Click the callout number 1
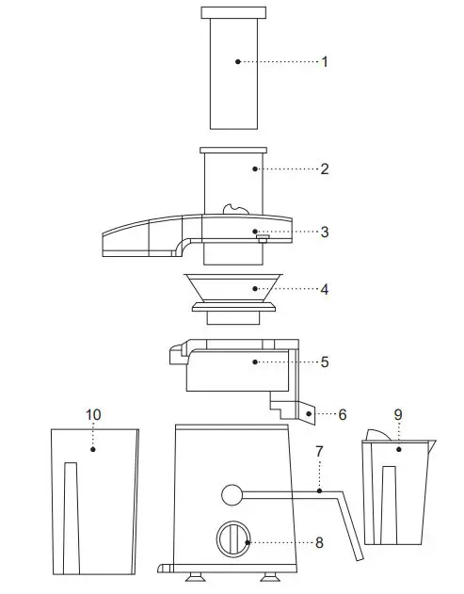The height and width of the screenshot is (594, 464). click(325, 62)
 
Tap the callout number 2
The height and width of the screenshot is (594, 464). click(325, 169)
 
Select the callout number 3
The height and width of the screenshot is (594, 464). click(325, 232)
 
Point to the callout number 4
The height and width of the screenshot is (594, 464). click(325, 290)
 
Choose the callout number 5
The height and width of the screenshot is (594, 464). click(325, 361)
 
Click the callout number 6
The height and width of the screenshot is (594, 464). click(343, 414)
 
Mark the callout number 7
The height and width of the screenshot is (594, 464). click(319, 453)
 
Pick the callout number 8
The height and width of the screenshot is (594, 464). click(319, 542)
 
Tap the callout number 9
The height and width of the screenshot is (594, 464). click(398, 414)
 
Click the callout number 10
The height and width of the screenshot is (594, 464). click(93, 414)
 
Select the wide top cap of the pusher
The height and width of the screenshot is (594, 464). click(232, 13)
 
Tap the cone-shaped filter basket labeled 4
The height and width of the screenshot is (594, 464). click(232, 288)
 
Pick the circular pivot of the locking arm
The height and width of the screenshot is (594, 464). click(232, 494)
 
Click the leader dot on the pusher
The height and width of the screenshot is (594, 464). click(238, 62)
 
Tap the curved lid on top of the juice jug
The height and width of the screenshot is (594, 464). click(380, 435)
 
